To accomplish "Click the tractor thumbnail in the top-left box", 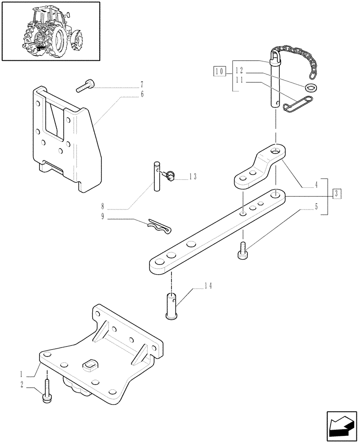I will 51,31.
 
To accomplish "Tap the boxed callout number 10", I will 218,70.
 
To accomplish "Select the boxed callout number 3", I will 338,194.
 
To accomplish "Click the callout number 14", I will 207,286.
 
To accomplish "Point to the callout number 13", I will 192,176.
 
